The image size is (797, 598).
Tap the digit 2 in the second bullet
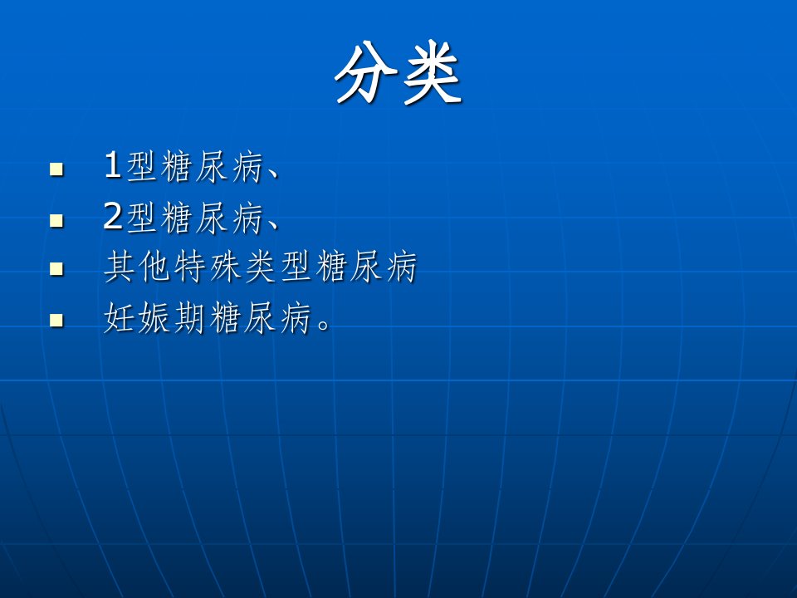[x=113, y=216]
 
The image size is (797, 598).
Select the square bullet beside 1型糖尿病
[x=56, y=169]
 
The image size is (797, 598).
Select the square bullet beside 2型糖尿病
[x=56, y=220]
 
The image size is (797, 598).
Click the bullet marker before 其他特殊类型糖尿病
[x=56, y=268]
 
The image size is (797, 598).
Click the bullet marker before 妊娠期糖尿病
[x=56, y=320]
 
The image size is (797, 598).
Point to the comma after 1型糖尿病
[x=272, y=175]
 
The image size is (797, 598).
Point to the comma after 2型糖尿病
[x=272, y=226]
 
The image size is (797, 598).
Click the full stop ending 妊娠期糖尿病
[x=323, y=324]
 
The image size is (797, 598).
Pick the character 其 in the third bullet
[x=120, y=267]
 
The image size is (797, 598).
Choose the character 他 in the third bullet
[x=154, y=267]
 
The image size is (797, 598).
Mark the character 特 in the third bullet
[x=189, y=267]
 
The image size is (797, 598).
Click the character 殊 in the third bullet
[x=225, y=267]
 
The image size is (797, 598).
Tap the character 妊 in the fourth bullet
[x=120, y=317]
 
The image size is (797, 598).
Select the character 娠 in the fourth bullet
[x=154, y=317]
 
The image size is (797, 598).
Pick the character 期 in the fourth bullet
[x=189, y=317]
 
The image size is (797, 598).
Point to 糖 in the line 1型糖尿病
[x=176, y=166]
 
